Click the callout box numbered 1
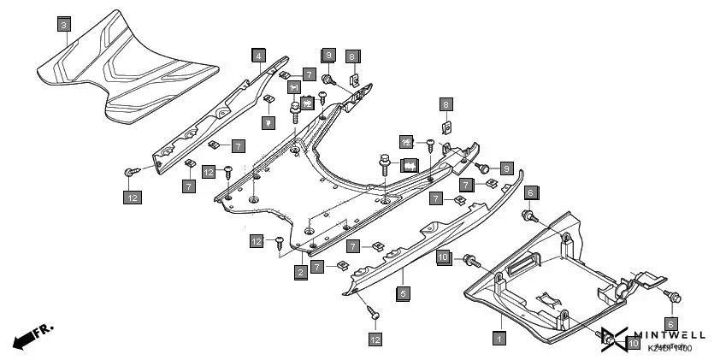click(x=499, y=338)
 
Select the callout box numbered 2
click(x=301, y=272)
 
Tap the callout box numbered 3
click(x=64, y=26)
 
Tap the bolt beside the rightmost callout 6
click(x=675, y=297)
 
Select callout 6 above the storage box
click(x=530, y=192)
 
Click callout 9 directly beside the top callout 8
click(x=328, y=56)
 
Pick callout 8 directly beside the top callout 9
click(x=351, y=56)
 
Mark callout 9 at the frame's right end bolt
click(x=506, y=168)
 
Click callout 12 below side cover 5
click(x=375, y=339)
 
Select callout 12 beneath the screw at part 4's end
click(x=131, y=198)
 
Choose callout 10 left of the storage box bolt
click(x=443, y=256)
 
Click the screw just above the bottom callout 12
click(x=372, y=314)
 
